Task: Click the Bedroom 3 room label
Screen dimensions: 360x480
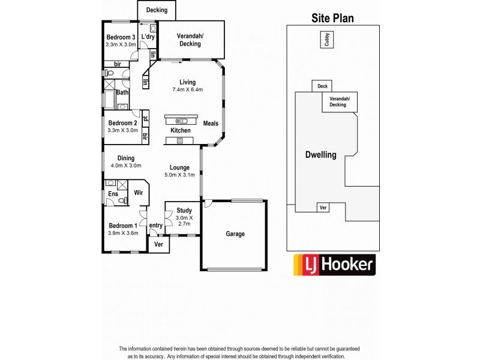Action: pos(120,37)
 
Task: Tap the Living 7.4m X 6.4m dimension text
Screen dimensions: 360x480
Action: pos(187,90)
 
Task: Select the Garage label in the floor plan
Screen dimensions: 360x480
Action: pos(235,234)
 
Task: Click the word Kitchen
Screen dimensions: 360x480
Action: pos(181,130)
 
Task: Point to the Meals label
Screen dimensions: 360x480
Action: pos(211,124)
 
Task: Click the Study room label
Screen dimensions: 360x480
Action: pos(184,211)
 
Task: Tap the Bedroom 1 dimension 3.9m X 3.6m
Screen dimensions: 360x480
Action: pos(122,233)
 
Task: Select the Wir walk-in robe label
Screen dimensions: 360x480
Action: pos(138,193)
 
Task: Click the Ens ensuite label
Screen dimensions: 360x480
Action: pos(113,194)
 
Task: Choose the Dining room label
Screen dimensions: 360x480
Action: pos(125,158)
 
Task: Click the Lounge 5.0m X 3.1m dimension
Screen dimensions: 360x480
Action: pos(179,175)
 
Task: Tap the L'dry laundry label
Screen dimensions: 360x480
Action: pos(148,37)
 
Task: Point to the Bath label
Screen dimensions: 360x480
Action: pos(122,92)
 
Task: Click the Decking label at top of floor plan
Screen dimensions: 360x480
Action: pos(157,10)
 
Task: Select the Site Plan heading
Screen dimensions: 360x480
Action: pos(332,18)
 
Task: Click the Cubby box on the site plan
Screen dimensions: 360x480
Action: pos(327,40)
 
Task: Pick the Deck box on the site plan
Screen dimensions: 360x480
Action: pos(322,86)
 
